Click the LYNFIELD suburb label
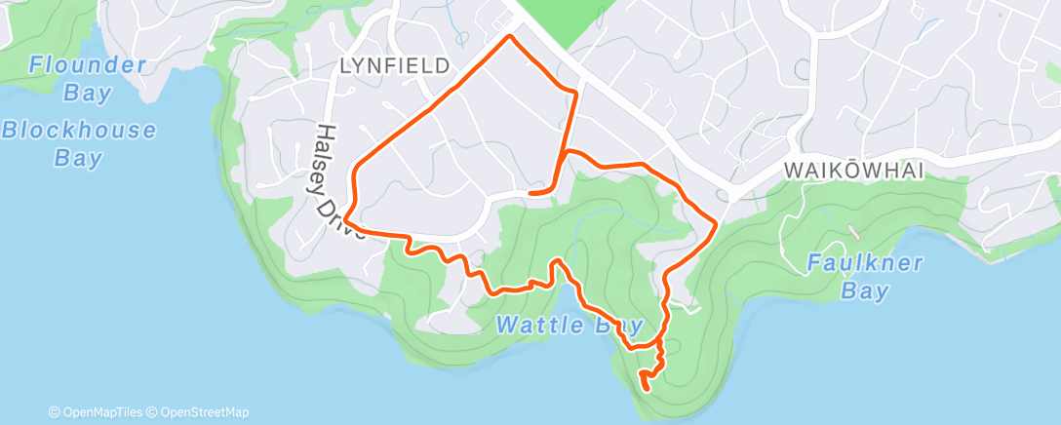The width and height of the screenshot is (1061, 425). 395,65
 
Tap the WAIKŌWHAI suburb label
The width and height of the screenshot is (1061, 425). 853,170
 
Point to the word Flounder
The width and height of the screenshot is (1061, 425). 87,65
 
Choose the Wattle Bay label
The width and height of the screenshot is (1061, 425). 570,325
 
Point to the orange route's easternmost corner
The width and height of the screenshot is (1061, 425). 717,224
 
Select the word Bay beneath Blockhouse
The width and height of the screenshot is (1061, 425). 78,158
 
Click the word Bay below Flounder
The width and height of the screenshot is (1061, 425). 87,94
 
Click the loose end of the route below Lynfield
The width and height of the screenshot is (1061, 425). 530,194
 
